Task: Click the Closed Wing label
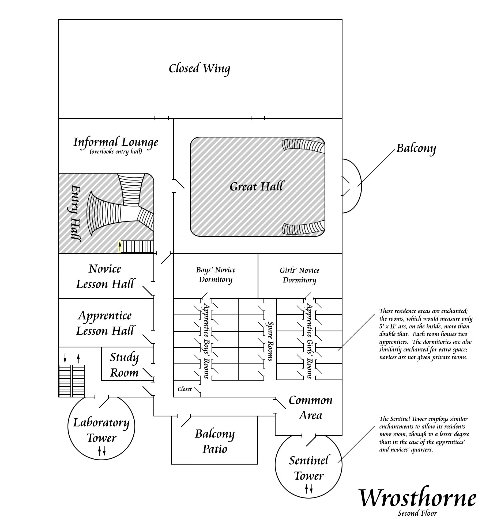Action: [199, 68]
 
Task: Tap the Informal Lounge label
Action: [116, 142]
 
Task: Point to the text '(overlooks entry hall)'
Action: [116, 152]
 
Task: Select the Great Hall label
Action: [256, 186]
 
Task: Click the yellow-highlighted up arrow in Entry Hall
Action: [120, 246]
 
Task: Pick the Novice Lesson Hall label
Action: [105, 276]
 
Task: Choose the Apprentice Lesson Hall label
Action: [105, 323]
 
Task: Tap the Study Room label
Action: [124, 365]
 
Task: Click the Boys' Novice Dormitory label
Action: [216, 275]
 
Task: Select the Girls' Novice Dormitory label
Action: [299, 275]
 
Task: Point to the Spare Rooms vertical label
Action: [270, 341]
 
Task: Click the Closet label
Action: [184, 389]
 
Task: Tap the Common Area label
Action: [311, 408]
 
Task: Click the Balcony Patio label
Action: [215, 441]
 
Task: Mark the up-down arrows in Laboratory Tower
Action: [102, 451]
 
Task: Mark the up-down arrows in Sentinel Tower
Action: [309, 489]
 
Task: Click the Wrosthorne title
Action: [417, 498]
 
